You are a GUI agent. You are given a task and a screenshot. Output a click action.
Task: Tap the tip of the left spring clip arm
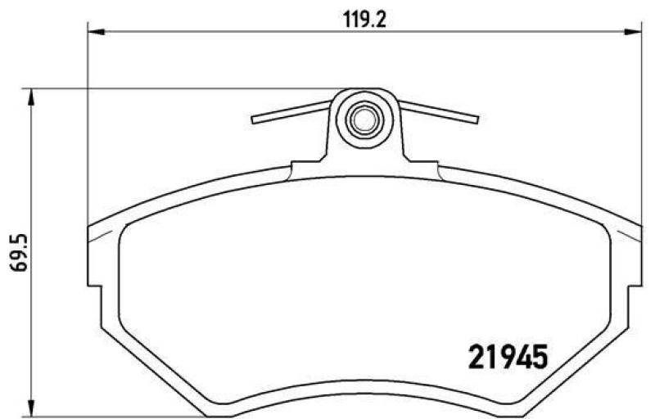[255, 120]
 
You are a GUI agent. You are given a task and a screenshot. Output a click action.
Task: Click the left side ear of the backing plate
[94, 262]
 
